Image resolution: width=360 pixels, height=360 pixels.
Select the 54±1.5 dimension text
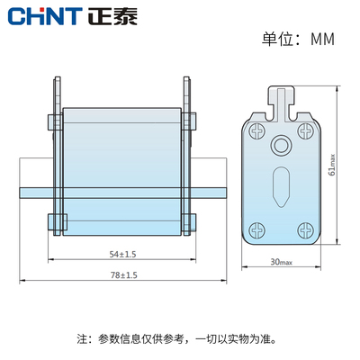click(x=121, y=255)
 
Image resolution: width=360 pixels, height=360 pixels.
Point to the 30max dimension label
click(x=281, y=262)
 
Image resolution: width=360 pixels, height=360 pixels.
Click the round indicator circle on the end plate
click(x=281, y=146)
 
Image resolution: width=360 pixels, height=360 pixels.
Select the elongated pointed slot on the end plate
click(x=281, y=187)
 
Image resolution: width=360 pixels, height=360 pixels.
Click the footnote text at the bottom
click(x=180, y=339)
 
